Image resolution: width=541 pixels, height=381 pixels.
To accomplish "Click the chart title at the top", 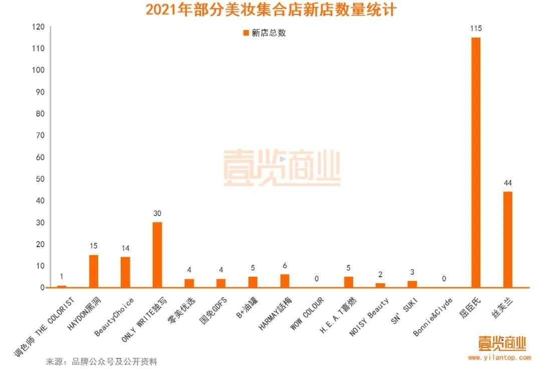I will coord(270,10).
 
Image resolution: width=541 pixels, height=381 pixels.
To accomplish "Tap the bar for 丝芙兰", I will coord(507,240).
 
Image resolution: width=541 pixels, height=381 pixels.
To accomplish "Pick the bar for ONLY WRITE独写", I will coord(157,255).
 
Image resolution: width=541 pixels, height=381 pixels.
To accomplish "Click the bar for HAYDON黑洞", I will coord(94,271).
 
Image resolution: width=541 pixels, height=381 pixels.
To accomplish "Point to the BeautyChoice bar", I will coord(125,272).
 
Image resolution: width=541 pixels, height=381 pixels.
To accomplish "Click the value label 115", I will coord(475,29).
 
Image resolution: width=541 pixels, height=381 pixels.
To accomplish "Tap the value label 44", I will coord(507,183).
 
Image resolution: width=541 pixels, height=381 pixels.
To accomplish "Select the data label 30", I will coord(157,214).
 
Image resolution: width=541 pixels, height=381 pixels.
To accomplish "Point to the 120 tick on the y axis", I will coord(38,27).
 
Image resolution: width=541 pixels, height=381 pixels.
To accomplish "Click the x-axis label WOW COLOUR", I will coord(307,314).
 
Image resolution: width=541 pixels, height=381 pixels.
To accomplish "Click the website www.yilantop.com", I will coord(499,357).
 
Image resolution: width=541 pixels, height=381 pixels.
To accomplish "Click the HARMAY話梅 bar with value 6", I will coord(285,281).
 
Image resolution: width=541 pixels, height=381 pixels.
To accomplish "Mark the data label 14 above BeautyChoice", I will coord(125,248).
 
